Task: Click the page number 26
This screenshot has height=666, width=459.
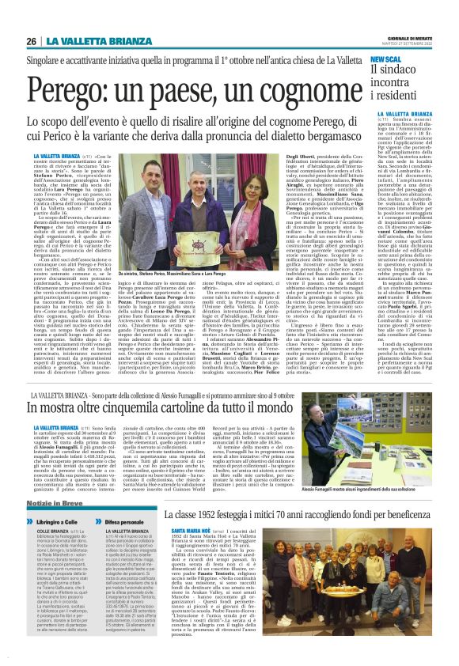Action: click(32, 42)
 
